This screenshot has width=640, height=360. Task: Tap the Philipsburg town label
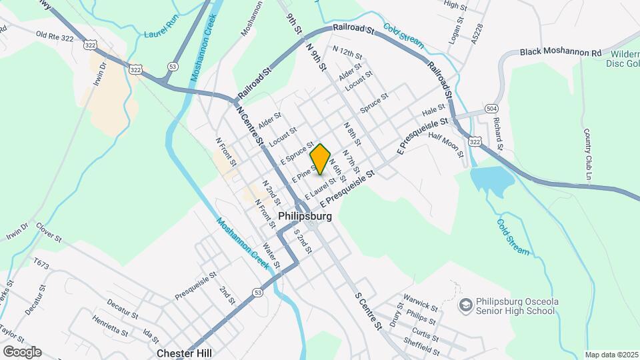pyautogui.click(x=305, y=217)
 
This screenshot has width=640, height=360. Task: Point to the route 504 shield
pyautogui.click(x=491, y=109)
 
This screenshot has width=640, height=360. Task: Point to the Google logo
pyautogui.click(x=21, y=352)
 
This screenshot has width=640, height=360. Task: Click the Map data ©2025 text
pyautogui.click(x=611, y=355)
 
